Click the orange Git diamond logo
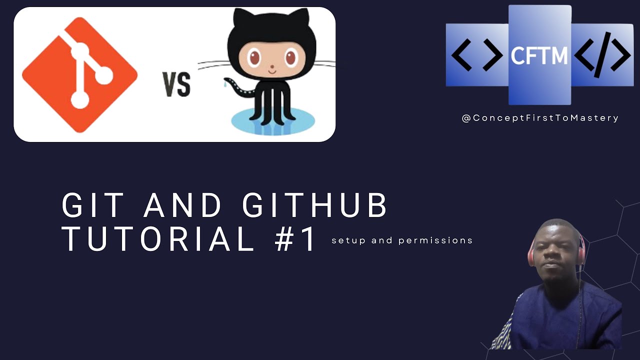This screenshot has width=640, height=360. pos(80,75)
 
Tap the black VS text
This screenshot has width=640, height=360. pos(176,84)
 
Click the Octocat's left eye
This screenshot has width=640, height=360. pos(255,58)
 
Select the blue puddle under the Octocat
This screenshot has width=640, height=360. pos(273,122)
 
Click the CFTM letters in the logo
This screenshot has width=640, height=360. pos(539,55)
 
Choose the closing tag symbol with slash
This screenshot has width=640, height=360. pos(602,55)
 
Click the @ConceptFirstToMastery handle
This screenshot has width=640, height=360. pos(540,118)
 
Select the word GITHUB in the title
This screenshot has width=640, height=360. pos(315,205)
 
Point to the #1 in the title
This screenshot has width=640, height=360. pos(295,238)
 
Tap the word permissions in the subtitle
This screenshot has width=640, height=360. pos(435,240)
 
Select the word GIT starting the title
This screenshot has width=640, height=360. pos(93,205)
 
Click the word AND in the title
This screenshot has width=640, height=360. pos(183,205)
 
